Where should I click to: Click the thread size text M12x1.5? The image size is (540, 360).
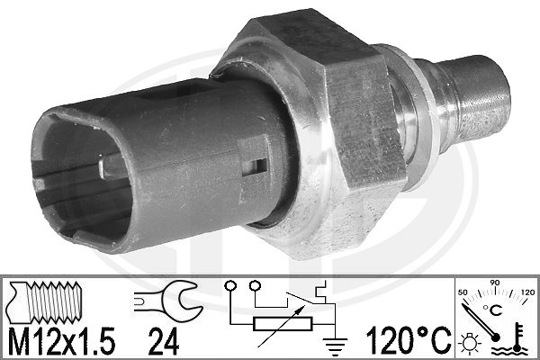[61, 341]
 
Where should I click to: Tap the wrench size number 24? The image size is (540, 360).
[164, 341]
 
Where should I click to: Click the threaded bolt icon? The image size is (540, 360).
[45, 301]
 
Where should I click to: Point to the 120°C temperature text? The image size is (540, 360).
[409, 341]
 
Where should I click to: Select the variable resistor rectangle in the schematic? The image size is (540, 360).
[283, 324]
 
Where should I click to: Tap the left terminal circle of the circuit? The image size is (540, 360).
[229, 285]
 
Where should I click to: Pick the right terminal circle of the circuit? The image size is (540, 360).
[255, 285]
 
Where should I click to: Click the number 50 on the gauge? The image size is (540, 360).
[463, 292]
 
